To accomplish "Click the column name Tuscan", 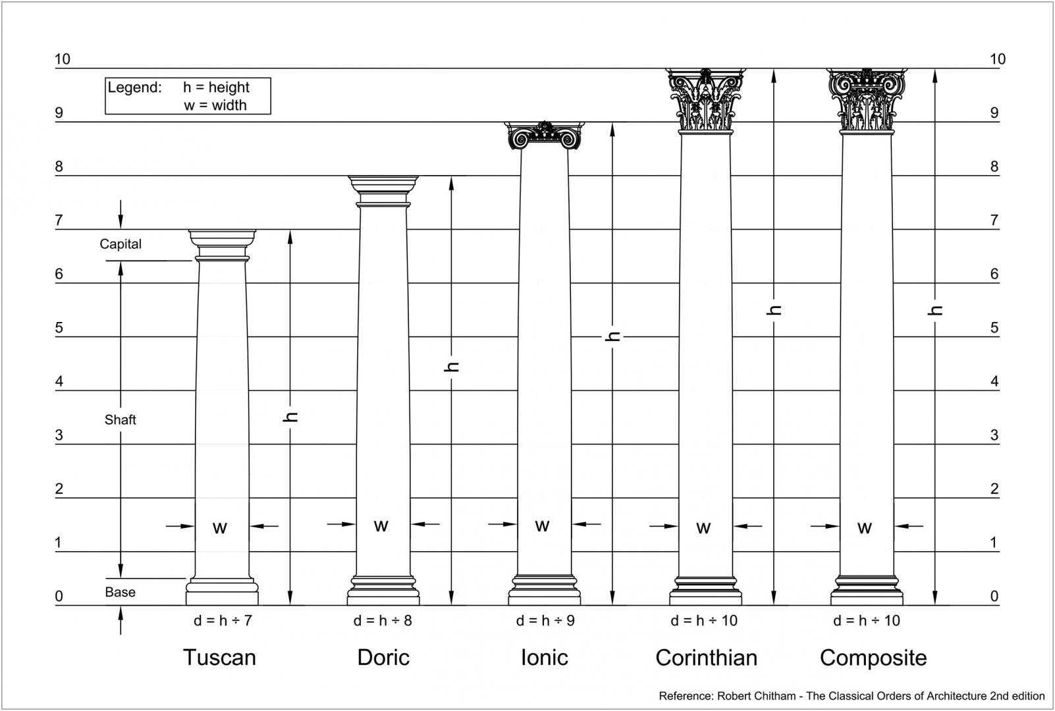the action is (x=219, y=657).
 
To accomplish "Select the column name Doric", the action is (x=383, y=657).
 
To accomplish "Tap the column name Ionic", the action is (x=545, y=657).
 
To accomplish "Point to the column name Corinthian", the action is (x=707, y=657).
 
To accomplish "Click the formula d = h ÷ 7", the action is (x=223, y=621).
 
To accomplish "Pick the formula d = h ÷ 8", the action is (x=383, y=621).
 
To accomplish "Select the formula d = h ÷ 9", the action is (x=545, y=621).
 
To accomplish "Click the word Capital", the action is (x=121, y=244).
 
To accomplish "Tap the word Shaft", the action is (x=120, y=419).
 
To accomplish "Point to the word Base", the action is (x=120, y=592).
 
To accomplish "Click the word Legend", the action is (x=135, y=88).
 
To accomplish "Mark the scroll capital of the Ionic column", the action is (x=545, y=136).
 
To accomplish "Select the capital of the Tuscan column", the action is (x=223, y=246).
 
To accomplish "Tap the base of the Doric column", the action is (x=383, y=591).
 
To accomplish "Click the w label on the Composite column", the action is (x=864, y=528).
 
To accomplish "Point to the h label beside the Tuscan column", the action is (x=290, y=417).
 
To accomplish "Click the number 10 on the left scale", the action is (x=62, y=59).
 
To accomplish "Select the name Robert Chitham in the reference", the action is (x=757, y=696).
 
